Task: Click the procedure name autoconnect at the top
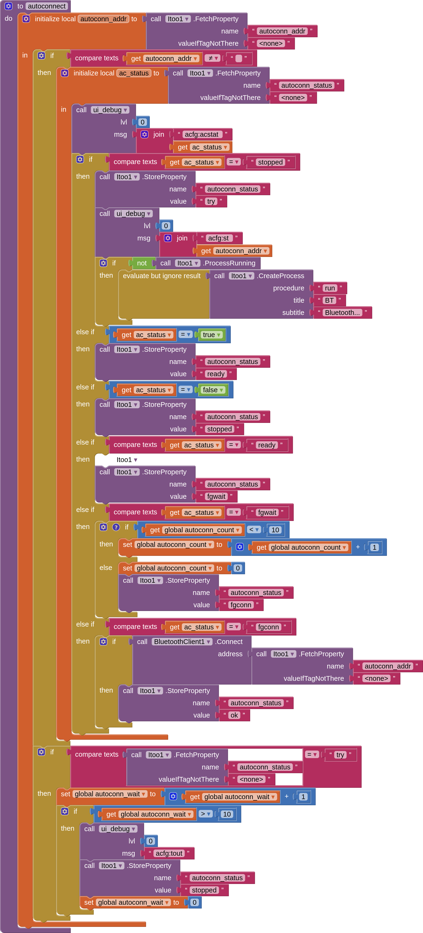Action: point(47,6)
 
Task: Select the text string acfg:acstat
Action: point(202,134)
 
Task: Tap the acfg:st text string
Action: point(218,238)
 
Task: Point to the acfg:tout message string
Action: point(169,853)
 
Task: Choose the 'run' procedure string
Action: point(330,288)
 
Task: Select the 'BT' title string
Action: point(329,300)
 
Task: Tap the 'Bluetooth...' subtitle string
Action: point(342,313)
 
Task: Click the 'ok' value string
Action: point(234,715)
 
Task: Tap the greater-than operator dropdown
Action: point(206,814)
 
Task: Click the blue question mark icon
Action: point(116,527)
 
